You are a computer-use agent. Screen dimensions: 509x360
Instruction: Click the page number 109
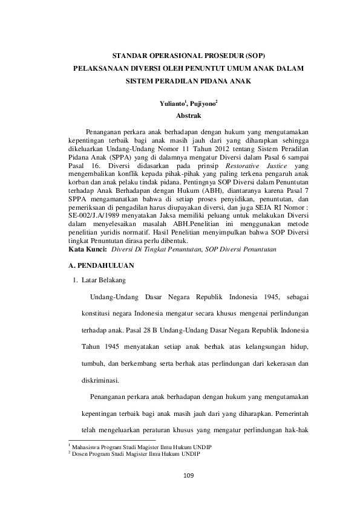pos(188,477)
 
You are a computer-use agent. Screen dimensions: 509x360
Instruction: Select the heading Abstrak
pos(188,114)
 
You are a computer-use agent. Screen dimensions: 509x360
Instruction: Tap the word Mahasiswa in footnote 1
pos(86,446)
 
